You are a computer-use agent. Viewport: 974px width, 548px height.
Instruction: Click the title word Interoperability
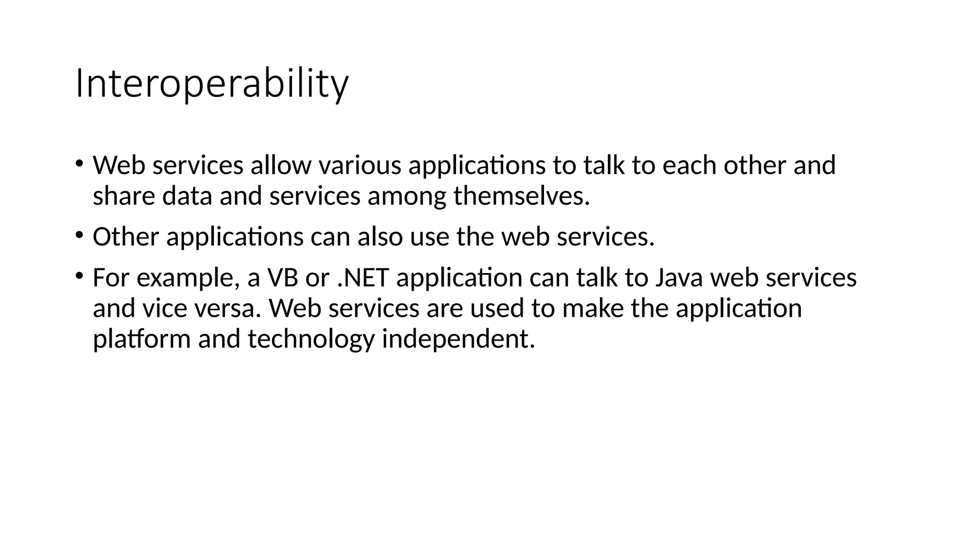pyautogui.click(x=212, y=84)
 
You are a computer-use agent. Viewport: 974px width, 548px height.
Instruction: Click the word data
pyautogui.click(x=187, y=196)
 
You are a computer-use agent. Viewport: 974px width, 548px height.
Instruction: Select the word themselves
pyautogui.click(x=521, y=196)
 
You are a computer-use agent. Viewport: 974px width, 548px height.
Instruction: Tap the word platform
pyautogui.click(x=141, y=339)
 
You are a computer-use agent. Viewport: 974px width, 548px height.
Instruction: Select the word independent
pyautogui.click(x=458, y=339)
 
